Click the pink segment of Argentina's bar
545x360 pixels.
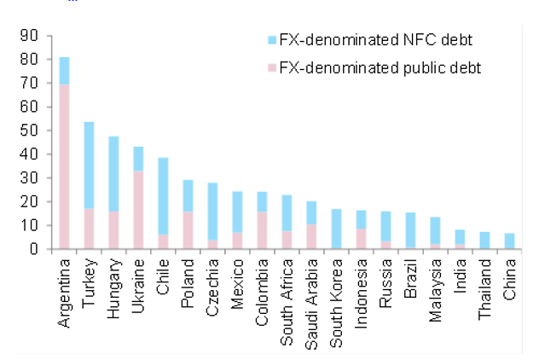[x=64, y=166]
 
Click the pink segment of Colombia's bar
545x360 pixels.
[x=263, y=230]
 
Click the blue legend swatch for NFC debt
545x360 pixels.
[x=272, y=40]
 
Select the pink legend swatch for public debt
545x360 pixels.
[x=272, y=67]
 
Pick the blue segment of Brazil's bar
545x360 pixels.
[x=411, y=230]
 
